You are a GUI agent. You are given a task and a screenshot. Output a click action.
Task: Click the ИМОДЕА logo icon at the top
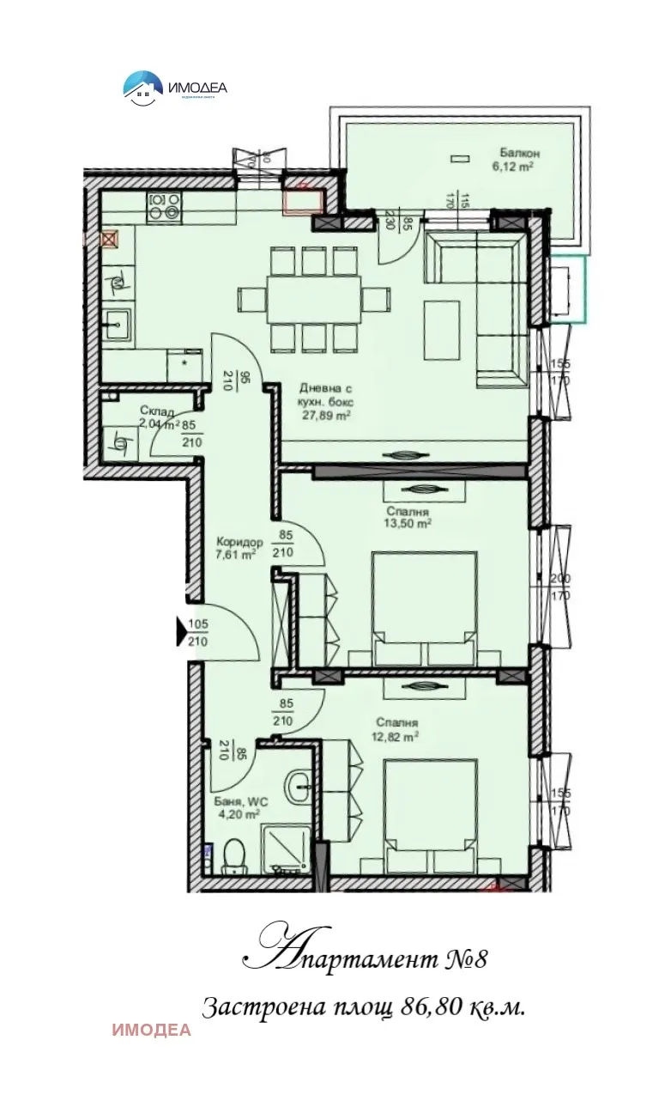pos(143,87)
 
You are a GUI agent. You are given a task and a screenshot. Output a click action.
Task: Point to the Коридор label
pos(239,542)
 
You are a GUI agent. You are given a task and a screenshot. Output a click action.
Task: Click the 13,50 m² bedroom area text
pos(408,522)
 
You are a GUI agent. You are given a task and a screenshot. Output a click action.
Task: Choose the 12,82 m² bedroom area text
pos(396,736)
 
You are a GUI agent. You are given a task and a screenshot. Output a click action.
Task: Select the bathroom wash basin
pos(299,782)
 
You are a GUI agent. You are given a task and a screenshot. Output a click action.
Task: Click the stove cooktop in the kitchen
pos(165,206)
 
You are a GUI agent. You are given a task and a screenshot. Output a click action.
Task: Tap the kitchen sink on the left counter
pos(118,324)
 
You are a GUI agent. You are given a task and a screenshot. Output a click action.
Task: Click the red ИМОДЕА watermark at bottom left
pos(151,1031)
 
